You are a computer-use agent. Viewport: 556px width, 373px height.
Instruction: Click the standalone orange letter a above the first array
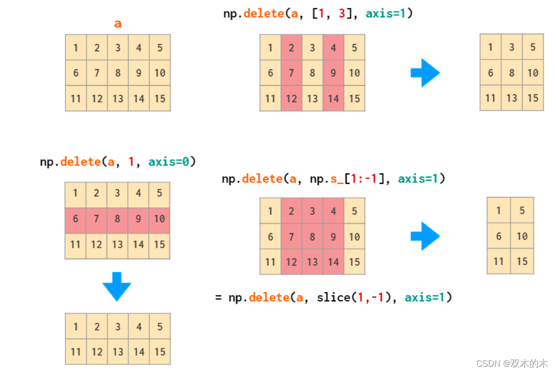(x=118, y=24)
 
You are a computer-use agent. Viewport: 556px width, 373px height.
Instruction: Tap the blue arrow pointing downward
(x=117, y=286)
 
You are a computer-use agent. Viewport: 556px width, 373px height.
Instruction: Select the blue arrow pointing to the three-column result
(x=425, y=73)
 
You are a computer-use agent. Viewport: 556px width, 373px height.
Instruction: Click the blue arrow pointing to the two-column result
(x=425, y=236)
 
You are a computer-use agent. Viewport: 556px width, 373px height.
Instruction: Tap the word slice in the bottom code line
(x=333, y=298)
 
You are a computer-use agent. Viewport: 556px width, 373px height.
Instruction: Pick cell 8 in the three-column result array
(x=511, y=73)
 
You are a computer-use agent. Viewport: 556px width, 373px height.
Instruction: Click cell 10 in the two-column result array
(x=522, y=236)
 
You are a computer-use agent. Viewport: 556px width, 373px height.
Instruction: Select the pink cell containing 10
(x=159, y=219)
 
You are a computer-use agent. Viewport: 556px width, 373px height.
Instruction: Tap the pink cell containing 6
(x=75, y=219)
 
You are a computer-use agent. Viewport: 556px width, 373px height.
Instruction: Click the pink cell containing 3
(x=313, y=211)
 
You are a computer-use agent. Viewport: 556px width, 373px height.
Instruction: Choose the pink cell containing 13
(x=313, y=261)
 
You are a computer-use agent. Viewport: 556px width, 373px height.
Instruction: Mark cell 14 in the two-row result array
(x=139, y=352)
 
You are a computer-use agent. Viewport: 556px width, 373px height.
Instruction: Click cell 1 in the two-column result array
(x=498, y=211)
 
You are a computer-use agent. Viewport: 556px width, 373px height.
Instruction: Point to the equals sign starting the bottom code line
(x=218, y=298)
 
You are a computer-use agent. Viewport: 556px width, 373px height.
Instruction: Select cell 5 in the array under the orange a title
(x=160, y=48)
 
